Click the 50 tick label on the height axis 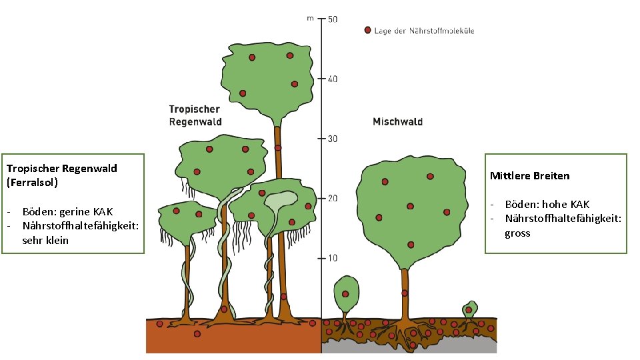click(x=333, y=19)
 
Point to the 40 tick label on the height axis click(x=333, y=79)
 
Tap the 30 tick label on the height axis click(x=333, y=139)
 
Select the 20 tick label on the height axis click(x=333, y=198)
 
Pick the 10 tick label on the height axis click(x=333, y=258)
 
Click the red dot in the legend click(x=367, y=30)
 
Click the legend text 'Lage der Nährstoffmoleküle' click(x=425, y=31)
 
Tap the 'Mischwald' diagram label click(x=397, y=121)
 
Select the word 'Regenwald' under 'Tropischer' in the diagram click(x=195, y=122)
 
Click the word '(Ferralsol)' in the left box click(x=33, y=181)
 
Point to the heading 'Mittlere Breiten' click(x=529, y=176)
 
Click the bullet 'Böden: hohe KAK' click(x=547, y=204)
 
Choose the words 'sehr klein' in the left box click(x=45, y=240)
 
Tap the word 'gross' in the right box click(x=517, y=233)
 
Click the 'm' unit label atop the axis click(x=310, y=19)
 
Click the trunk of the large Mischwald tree click(x=404, y=293)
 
